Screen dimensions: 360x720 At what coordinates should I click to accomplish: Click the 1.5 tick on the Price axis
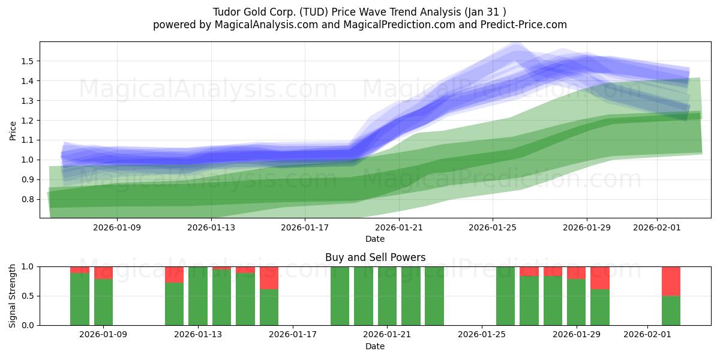point(28,61)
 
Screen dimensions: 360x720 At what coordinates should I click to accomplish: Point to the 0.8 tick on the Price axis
point(28,199)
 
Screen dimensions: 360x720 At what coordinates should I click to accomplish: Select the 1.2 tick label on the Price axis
point(28,121)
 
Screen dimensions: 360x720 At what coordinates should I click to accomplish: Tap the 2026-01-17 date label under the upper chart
point(305,227)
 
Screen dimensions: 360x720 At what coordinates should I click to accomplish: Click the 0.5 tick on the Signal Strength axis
point(28,296)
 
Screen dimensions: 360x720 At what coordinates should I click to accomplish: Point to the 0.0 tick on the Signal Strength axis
point(28,325)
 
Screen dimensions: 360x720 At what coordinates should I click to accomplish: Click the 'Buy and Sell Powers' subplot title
point(375,257)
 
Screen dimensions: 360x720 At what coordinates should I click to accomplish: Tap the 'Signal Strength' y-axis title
point(13,296)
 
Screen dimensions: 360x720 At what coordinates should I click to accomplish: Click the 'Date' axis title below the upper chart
point(375,239)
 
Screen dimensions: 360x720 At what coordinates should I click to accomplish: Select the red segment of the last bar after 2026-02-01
point(671,281)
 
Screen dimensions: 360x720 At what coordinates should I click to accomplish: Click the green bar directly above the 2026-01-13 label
point(198,296)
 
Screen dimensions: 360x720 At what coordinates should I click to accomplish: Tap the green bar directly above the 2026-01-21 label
point(387,296)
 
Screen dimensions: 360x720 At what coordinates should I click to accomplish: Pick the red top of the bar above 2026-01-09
point(103,272)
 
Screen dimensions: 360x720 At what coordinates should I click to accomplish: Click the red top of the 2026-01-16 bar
point(269,278)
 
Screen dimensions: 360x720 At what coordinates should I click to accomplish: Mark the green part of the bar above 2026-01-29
point(576,302)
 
